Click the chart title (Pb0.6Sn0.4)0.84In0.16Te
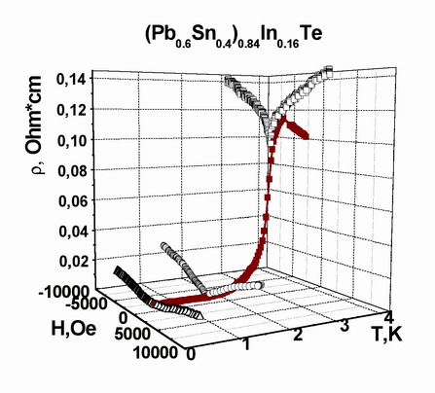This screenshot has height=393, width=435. point(234,36)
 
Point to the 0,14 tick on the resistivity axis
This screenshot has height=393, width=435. point(71,79)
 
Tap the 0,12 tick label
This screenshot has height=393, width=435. point(71,110)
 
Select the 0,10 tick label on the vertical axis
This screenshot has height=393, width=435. point(72,140)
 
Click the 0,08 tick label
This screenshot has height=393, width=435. point(73,171)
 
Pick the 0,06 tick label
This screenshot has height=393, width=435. point(73,201)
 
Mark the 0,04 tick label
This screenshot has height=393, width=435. point(74,232)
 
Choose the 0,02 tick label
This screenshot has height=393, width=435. point(75,262)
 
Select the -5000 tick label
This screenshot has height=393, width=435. point(86,304)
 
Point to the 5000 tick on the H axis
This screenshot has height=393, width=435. point(132,334)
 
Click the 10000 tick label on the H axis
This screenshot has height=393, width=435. point(156,352)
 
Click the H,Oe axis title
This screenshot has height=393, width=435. point(74,329)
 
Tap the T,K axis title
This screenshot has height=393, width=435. point(388,335)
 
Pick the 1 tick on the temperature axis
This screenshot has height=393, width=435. point(247,344)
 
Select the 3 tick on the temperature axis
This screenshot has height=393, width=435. point(344,326)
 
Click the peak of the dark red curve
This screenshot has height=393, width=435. point(284,118)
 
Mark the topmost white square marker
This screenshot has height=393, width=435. point(329,69)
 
